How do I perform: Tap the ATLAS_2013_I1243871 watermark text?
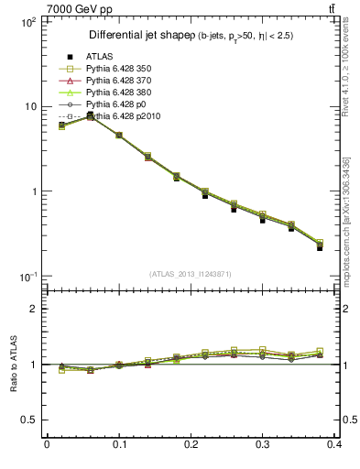(x=191, y=274)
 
